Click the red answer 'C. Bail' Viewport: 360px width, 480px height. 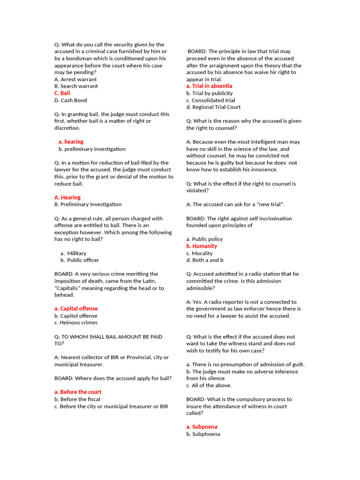62,93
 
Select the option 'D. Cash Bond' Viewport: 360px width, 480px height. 70,100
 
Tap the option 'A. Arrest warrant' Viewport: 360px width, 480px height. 75,79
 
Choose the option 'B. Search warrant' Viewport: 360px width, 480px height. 76,86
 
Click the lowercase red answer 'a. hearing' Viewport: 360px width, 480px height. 71,142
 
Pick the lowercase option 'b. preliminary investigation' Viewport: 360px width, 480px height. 92,149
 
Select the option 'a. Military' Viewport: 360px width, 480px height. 74,253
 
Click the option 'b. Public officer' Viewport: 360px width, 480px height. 80,260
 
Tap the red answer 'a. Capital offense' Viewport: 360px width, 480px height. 76,308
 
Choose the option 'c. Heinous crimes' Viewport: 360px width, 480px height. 76,322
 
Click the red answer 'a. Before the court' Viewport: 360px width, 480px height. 78,392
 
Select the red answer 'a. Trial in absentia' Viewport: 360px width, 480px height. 209,86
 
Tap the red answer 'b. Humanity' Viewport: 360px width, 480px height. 202,246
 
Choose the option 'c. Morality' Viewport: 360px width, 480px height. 199,253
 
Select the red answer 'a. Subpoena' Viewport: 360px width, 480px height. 202,427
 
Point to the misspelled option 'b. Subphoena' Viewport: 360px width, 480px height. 203,434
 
